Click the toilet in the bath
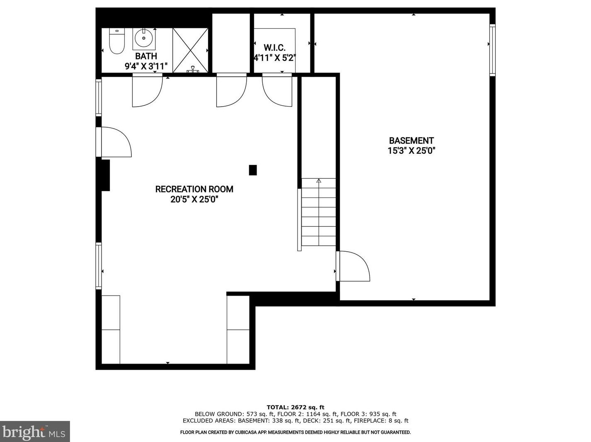tap(116, 42)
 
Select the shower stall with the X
tap(190, 50)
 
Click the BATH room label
tap(146, 56)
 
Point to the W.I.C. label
tap(274, 48)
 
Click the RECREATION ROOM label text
tap(194, 189)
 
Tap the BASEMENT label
tap(411, 141)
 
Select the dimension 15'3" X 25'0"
tap(411, 151)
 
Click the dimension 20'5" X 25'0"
tap(194, 199)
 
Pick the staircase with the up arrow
tap(318, 212)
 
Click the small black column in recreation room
tap(252, 170)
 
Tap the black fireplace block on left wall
tap(105, 175)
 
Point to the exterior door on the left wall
tap(115, 142)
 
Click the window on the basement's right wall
tap(492, 50)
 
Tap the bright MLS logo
tap(35, 432)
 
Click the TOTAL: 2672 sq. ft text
tap(295, 407)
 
